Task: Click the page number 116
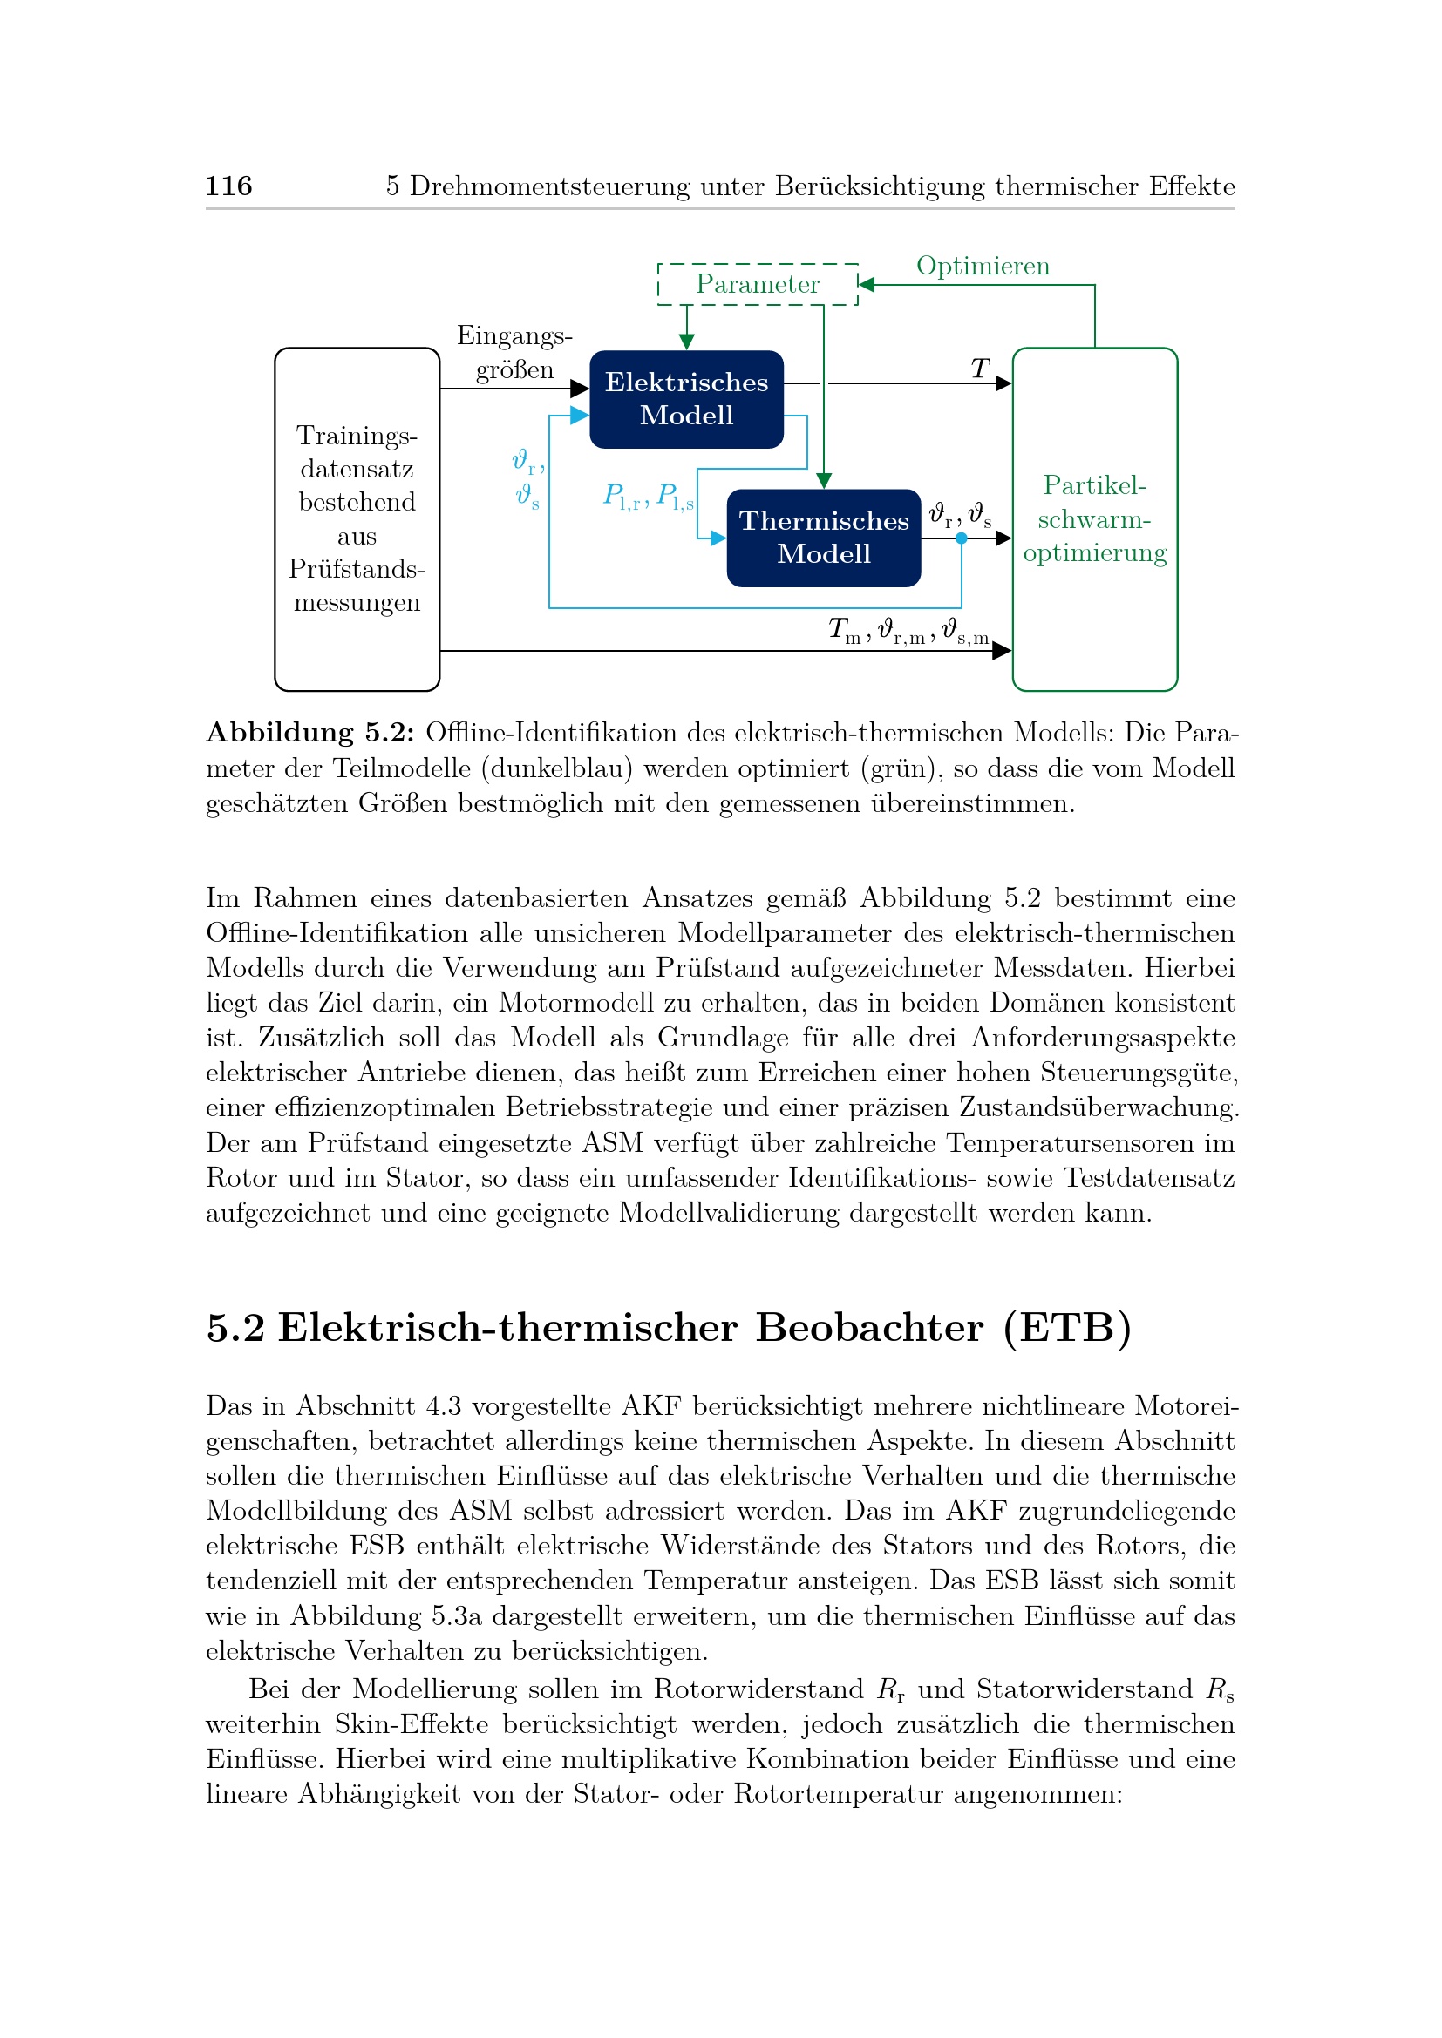click(x=228, y=186)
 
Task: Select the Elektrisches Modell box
click(x=686, y=398)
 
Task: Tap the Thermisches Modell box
click(x=823, y=537)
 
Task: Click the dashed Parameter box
click(x=758, y=284)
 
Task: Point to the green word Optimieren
click(x=982, y=267)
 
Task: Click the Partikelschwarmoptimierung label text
click(x=1094, y=519)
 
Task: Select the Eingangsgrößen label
click(x=514, y=352)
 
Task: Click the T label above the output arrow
click(x=979, y=369)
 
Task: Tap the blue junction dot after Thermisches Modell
click(x=961, y=538)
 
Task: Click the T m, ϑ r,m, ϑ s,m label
click(x=908, y=631)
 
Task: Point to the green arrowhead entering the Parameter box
click(x=867, y=285)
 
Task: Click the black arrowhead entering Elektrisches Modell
click(x=580, y=389)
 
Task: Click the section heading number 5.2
click(x=235, y=1328)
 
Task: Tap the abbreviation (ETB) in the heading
click(x=1066, y=1328)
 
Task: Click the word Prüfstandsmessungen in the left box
click(x=357, y=585)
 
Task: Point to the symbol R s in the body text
click(x=1219, y=1689)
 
